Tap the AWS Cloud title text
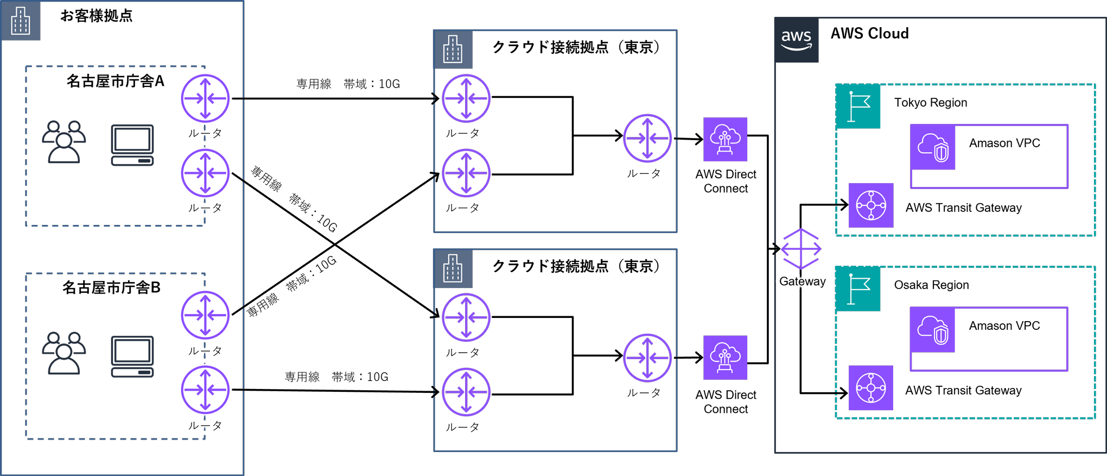[869, 34]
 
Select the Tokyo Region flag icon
[858, 107]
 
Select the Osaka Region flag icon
[858, 289]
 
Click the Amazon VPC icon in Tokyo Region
[933, 147]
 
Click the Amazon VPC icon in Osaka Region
[933, 330]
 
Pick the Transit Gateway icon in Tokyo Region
[871, 205]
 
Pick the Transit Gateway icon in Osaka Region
[871, 388]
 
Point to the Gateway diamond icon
[801, 249]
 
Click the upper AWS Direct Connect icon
[725, 139]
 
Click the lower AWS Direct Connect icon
[725, 358]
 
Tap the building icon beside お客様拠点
[21, 21]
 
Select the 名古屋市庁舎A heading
[115, 82]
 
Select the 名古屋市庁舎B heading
[111, 287]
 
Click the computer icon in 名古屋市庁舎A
[132, 145]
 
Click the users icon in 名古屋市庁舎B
[64, 353]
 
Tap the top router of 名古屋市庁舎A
[205, 98]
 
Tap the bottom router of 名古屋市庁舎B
[205, 390]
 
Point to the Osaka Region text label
[931, 285]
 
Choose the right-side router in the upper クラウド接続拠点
[647, 138]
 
